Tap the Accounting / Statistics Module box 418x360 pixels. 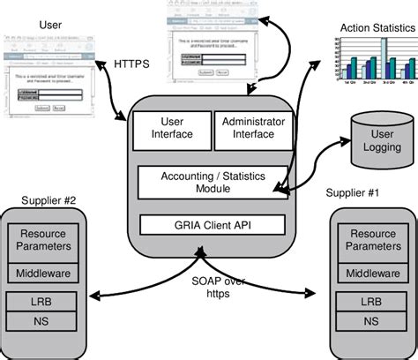click(211, 182)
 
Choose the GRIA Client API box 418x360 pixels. click(211, 224)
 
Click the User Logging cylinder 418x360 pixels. click(375, 141)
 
